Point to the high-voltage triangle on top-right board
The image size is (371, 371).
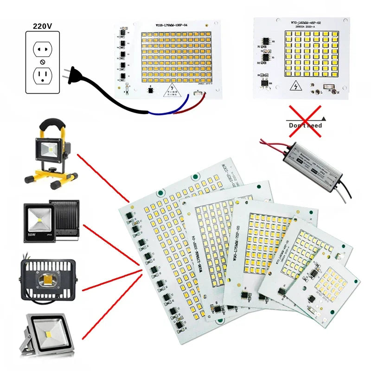tap(295, 87)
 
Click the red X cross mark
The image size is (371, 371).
tap(305, 121)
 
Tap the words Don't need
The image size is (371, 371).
tap(305, 125)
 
